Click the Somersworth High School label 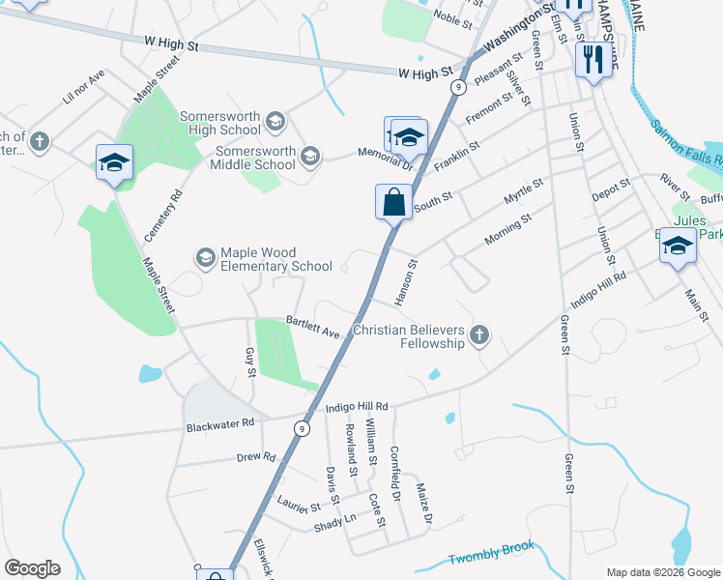click(219, 123)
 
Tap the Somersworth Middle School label click(255, 158)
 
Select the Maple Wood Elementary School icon click(205, 257)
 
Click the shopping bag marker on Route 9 click(393, 203)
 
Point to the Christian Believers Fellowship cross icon click(478, 336)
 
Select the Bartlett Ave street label click(313, 327)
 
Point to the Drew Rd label click(256, 456)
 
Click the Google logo click(32, 568)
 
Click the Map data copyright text click(662, 572)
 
